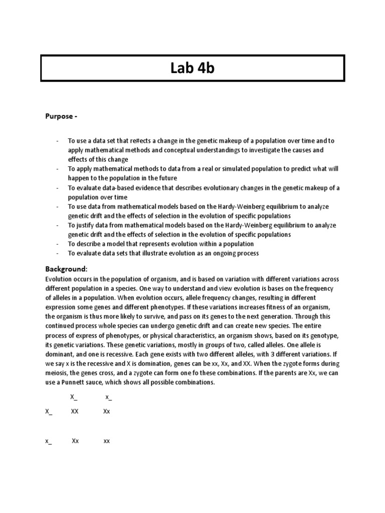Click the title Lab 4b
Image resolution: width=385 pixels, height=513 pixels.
[192, 68]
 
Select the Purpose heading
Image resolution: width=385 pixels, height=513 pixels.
[62, 116]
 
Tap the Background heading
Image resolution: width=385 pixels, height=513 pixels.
[66, 269]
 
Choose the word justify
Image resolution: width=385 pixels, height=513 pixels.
[86, 225]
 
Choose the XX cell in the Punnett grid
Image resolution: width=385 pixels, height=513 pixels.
[75, 411]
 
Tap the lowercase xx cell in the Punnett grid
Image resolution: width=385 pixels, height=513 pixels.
[107, 441]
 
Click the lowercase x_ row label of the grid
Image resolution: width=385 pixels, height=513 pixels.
[48, 441]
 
